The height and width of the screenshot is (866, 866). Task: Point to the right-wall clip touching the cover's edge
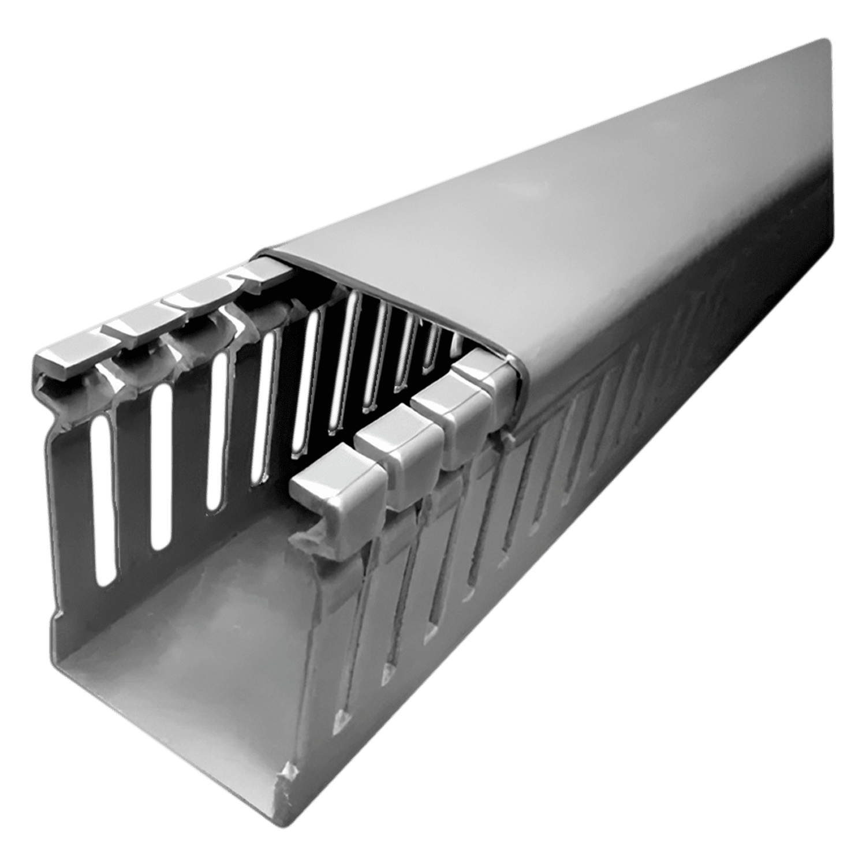pyautogui.click(x=491, y=375)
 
